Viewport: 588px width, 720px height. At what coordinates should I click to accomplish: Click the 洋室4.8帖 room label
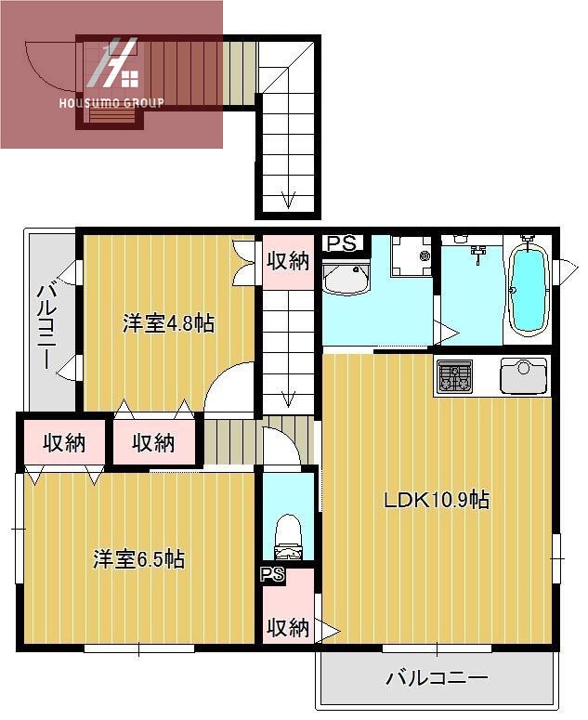coord(168,324)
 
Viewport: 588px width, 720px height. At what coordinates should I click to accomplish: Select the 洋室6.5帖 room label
coord(138,559)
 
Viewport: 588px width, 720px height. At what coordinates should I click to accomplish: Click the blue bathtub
coord(527,290)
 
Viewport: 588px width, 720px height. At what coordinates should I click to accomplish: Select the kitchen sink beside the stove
coord(523,376)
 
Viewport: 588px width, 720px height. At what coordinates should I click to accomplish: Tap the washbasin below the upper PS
coord(346,277)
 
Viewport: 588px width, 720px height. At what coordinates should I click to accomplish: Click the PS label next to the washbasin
coord(341,243)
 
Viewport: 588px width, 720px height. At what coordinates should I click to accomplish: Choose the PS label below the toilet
coord(272,574)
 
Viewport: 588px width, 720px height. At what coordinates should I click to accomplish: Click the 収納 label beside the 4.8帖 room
coord(287,261)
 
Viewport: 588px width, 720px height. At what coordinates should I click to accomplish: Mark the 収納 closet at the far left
coord(63,443)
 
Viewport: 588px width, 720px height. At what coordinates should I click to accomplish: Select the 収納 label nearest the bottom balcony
coord(287,628)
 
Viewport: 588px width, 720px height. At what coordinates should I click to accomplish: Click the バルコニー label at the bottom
coord(437,678)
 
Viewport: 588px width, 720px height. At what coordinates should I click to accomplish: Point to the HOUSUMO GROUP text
coord(111,103)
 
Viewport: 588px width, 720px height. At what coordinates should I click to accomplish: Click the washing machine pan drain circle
coord(425,255)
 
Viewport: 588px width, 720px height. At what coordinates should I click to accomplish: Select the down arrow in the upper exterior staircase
coord(288,198)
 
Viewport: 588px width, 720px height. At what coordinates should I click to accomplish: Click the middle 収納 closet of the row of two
coord(153,443)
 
